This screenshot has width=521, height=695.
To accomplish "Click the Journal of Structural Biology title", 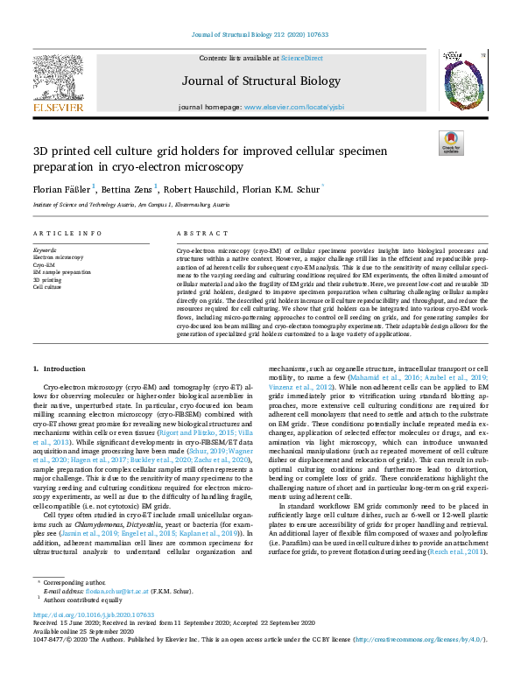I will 261,81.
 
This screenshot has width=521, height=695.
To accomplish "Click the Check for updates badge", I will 451,143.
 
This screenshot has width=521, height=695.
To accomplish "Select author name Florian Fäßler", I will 62,188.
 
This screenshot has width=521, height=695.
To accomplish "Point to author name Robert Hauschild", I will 201,188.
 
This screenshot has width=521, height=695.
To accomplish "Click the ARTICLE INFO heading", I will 67,234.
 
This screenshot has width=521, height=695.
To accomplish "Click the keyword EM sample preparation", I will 62,272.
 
